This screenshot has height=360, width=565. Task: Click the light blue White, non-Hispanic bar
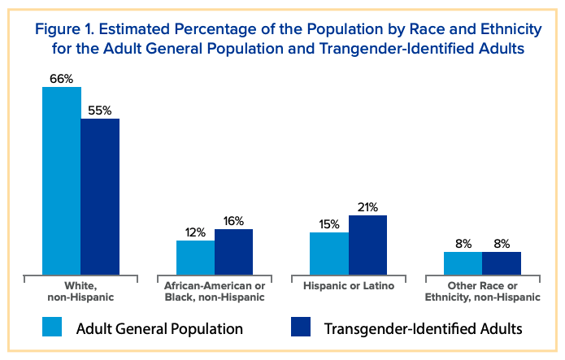click(x=61, y=180)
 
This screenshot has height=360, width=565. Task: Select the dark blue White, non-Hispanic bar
click(x=100, y=197)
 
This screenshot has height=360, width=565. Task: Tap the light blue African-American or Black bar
click(x=195, y=258)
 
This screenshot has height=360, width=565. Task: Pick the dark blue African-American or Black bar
click(x=233, y=252)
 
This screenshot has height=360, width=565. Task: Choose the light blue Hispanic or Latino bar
click(x=329, y=254)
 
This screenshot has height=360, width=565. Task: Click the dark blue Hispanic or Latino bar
click(x=367, y=245)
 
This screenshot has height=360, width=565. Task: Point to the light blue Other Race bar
click(x=463, y=263)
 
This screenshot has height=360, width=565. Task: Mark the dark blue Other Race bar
click(x=502, y=263)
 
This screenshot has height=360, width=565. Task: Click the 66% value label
click(x=61, y=78)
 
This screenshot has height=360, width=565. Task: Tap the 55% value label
click(x=100, y=110)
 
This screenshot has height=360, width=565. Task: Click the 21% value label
click(x=367, y=207)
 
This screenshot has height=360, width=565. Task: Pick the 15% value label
click(x=328, y=224)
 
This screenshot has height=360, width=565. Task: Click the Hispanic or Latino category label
click(x=348, y=287)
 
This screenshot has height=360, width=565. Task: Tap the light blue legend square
click(x=53, y=327)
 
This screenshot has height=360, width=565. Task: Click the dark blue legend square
click(x=302, y=327)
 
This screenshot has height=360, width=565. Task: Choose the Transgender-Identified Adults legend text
click(x=423, y=328)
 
